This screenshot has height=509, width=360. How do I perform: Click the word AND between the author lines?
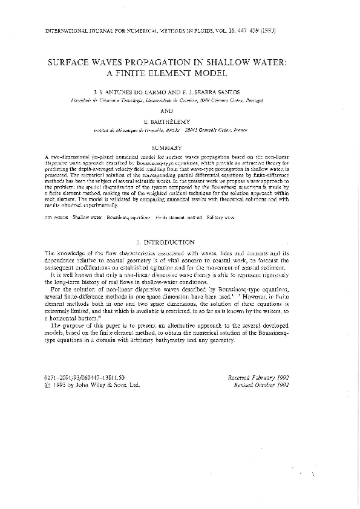[x=180, y=111]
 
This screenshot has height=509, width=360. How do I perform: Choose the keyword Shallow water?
[x=87, y=216]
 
